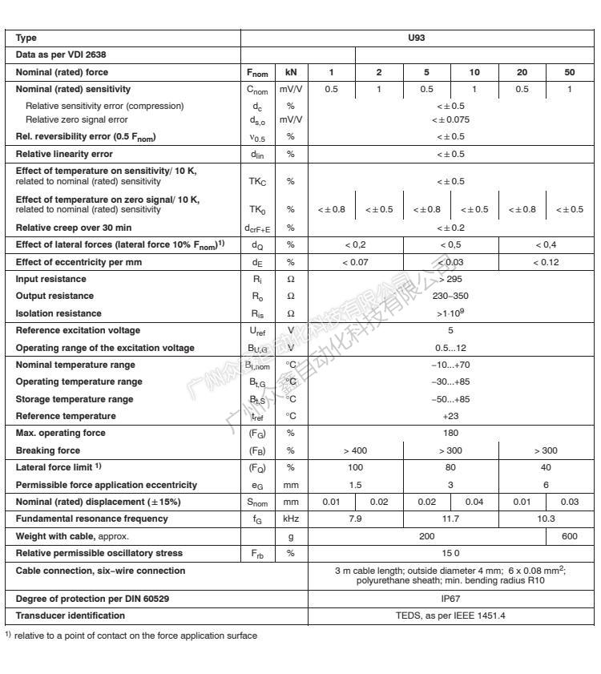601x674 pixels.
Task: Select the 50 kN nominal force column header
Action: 569,72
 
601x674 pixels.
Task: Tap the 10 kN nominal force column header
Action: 474,72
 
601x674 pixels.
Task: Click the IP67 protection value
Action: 450,599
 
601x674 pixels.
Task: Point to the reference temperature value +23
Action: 450,416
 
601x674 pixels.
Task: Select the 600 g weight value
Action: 569,536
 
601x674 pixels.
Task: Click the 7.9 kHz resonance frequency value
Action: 356,519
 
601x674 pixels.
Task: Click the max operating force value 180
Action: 450,434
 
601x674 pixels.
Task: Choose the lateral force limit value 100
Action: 356,467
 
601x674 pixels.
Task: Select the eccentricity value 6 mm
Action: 546,485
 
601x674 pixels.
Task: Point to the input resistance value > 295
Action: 450,279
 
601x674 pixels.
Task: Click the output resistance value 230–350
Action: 450,296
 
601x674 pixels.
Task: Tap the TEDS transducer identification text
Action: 450,615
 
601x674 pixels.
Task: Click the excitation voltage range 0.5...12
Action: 450,348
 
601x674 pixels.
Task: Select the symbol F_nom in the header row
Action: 257,73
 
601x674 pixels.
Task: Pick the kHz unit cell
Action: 291,519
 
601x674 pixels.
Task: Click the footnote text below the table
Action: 131,636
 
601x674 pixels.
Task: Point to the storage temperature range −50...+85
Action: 450,399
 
